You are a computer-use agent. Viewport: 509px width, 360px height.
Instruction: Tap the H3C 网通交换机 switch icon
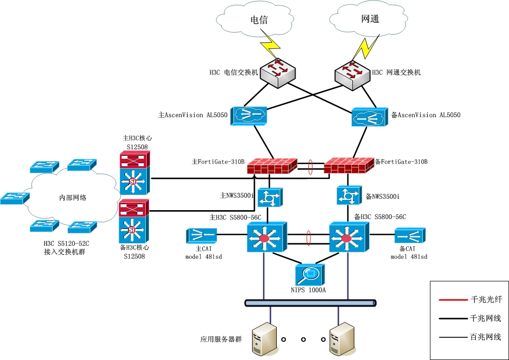[x=352, y=73]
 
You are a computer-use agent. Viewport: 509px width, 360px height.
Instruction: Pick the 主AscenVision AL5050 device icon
[x=248, y=115]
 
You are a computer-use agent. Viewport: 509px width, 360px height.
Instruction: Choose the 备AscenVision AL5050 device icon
[x=370, y=117]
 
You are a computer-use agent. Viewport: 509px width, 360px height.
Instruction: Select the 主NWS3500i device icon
[x=269, y=197]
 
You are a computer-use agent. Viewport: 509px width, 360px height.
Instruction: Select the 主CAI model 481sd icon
[x=202, y=235]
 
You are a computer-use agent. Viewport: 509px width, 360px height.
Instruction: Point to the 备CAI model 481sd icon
[x=411, y=235]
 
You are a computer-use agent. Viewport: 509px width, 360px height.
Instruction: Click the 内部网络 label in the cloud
[x=73, y=198]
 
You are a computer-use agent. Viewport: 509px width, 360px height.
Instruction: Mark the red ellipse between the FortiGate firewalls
[x=310, y=167]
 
